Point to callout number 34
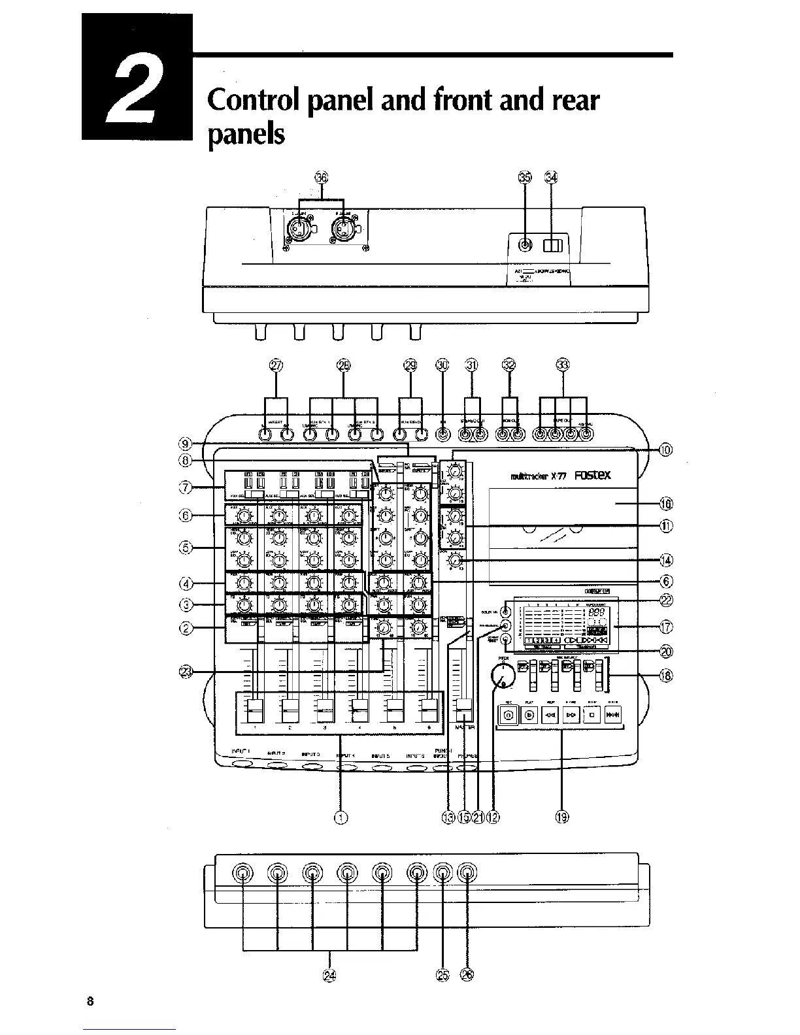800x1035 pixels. click(552, 178)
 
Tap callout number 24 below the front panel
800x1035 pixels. click(329, 975)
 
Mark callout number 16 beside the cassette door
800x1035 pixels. click(665, 503)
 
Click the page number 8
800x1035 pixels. click(90, 1001)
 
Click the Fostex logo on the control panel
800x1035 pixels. click(593, 476)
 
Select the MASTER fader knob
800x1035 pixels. click(464, 707)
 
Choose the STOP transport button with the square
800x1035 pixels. click(592, 715)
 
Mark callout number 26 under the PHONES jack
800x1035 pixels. click(467, 975)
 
